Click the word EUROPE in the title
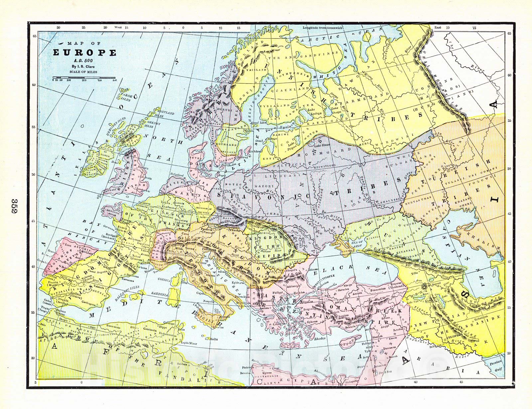85,53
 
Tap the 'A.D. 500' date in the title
85,61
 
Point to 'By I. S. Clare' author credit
85,66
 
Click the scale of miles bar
84,79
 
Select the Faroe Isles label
124,97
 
